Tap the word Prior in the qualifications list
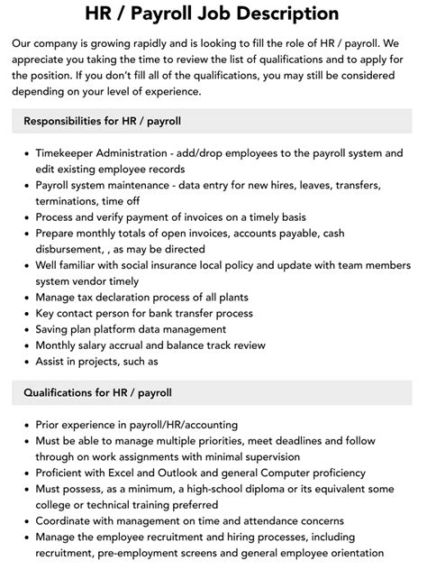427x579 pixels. (x=49, y=425)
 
